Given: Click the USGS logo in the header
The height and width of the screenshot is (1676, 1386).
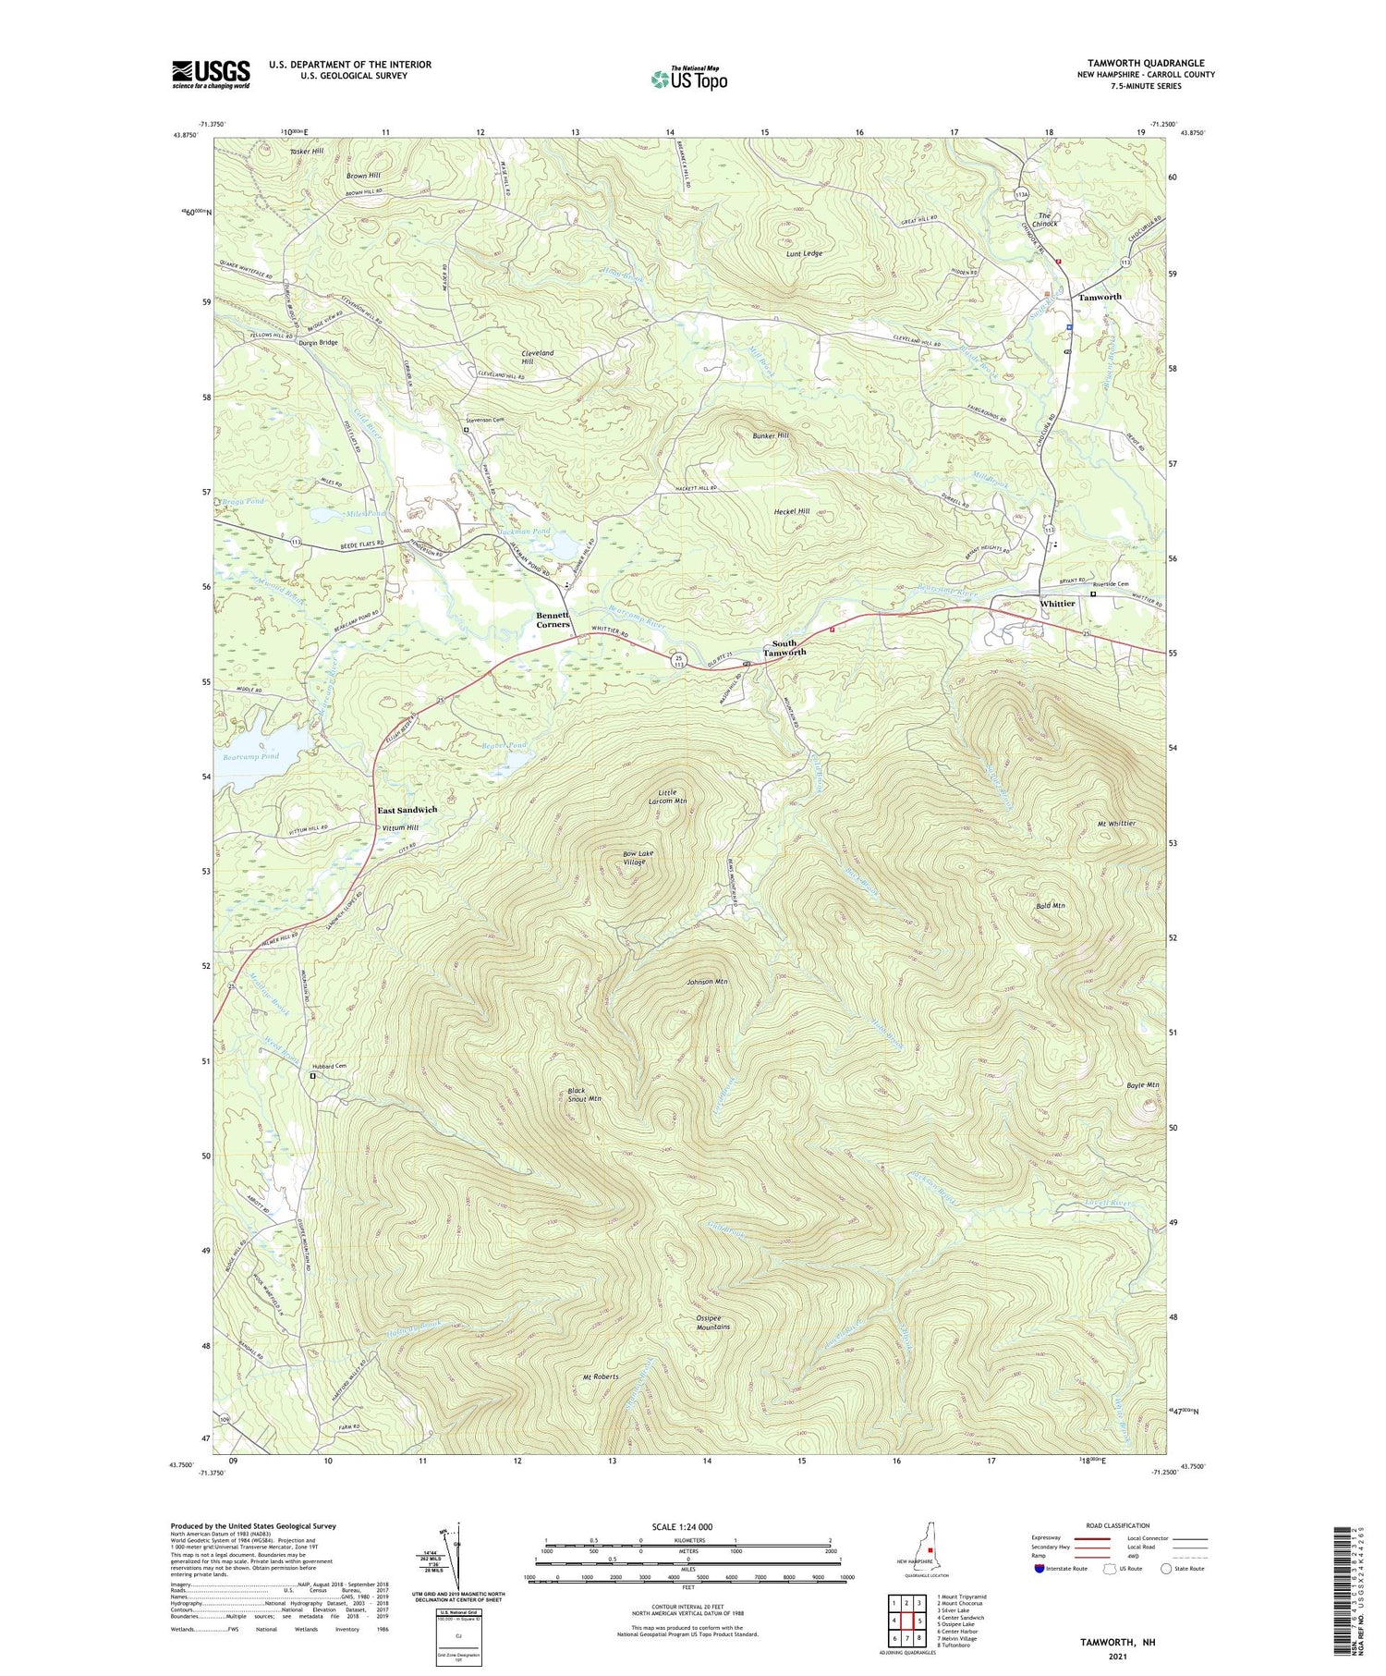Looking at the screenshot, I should [x=211, y=75].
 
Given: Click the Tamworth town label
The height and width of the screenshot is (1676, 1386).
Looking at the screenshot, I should [x=1100, y=298].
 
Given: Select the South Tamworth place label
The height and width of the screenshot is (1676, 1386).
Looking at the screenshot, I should [x=784, y=647].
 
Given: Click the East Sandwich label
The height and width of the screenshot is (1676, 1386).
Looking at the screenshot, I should [x=407, y=810].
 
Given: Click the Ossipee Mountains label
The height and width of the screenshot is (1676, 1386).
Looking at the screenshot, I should [x=706, y=1321].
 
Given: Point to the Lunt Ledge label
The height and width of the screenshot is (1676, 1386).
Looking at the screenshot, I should [x=804, y=253].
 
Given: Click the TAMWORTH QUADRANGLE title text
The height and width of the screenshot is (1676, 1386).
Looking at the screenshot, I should [x=1145, y=63].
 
